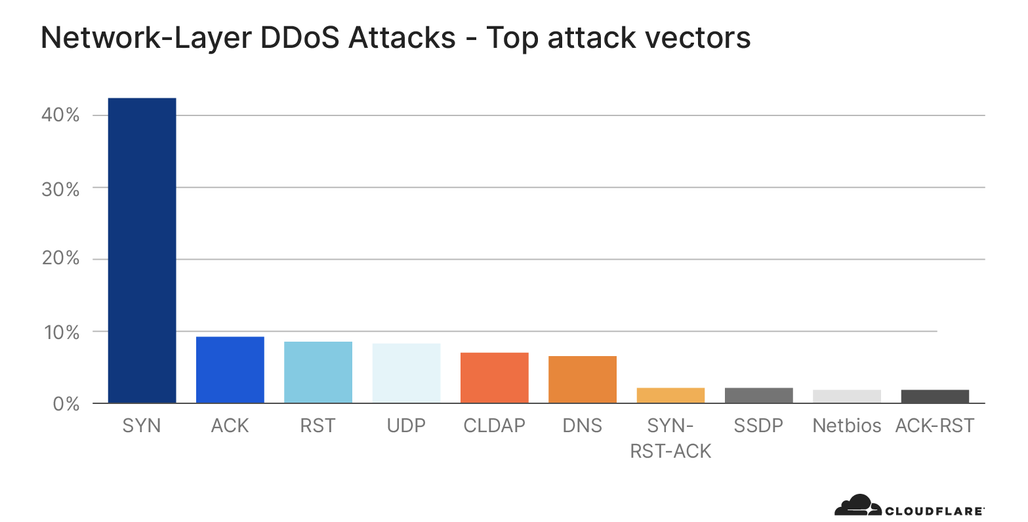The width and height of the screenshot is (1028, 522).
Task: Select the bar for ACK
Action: coord(230,370)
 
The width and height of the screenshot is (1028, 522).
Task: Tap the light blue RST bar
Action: coord(318,372)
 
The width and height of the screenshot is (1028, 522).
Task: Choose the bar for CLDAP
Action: coord(494,378)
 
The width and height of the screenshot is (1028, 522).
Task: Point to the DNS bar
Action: coord(582,379)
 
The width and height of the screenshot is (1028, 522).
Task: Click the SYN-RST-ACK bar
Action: coord(670,395)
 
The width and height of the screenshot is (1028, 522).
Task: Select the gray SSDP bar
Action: coord(758,395)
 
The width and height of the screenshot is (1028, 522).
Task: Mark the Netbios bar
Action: coord(846,396)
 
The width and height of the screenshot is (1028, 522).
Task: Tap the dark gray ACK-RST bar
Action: coord(935,396)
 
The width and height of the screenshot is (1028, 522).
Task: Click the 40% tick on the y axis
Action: coord(60,115)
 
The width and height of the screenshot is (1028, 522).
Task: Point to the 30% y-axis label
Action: coord(60,190)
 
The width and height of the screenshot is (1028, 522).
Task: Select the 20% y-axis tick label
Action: coord(60,258)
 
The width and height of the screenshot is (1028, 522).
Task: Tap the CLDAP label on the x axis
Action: coord(494,426)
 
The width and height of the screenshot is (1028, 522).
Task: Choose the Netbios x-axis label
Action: coord(846,426)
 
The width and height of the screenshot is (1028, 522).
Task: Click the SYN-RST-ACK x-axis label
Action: coord(670,438)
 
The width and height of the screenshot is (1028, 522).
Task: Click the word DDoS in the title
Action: coord(301,37)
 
